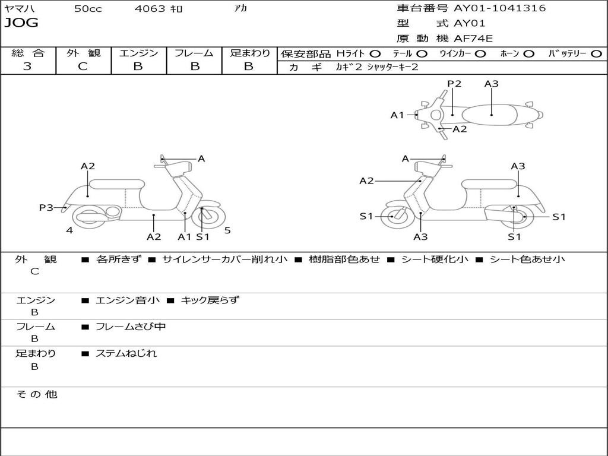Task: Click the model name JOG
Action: (x=21, y=23)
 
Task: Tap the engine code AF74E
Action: (x=473, y=39)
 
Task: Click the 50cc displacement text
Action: (x=88, y=9)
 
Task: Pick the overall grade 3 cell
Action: (x=27, y=66)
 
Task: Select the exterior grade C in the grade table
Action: (x=83, y=66)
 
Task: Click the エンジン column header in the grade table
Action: (x=138, y=53)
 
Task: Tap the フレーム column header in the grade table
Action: (x=194, y=53)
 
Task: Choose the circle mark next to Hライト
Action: (x=375, y=54)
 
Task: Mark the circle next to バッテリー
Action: (x=596, y=54)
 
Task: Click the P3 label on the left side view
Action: (x=46, y=208)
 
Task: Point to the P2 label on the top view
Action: (x=454, y=84)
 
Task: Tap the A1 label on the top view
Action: (x=397, y=115)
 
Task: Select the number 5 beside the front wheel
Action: (x=227, y=230)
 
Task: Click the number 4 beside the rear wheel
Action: (x=69, y=230)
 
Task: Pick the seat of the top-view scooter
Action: (x=490, y=114)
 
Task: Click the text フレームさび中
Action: (x=131, y=327)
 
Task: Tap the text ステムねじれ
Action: (x=126, y=353)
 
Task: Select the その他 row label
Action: (x=36, y=394)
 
